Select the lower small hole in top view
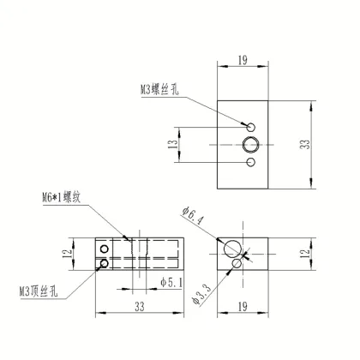(x=250, y=162)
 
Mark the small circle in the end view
(x=238, y=262)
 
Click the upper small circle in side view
(x=105, y=249)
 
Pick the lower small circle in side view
(x=105, y=262)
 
